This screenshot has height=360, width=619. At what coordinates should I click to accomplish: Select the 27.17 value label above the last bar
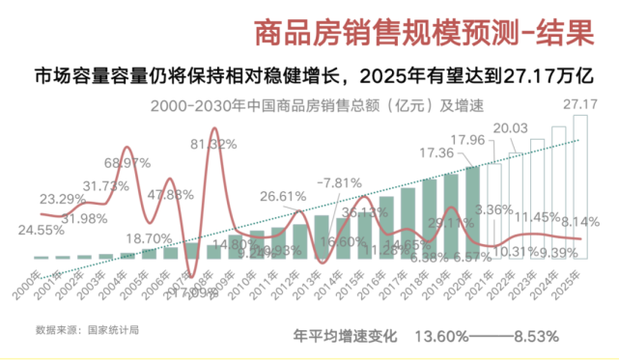579,103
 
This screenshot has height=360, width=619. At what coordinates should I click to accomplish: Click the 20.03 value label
510,128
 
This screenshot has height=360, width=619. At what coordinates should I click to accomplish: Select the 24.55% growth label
45,231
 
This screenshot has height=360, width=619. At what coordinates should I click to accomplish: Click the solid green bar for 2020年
472,212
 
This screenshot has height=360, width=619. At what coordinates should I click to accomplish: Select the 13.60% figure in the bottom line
440,338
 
